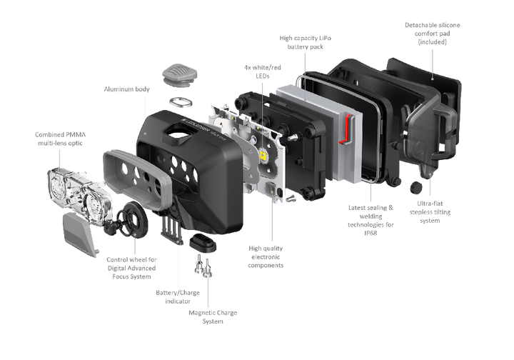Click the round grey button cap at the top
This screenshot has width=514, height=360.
(179, 74)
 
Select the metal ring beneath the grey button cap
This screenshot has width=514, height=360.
(179, 100)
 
